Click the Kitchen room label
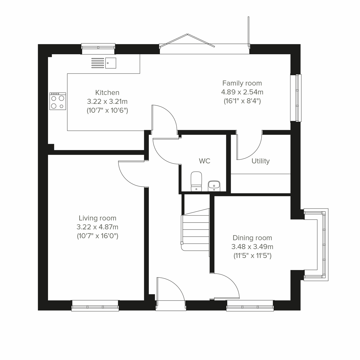click(x=107, y=92)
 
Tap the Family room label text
click(x=242, y=83)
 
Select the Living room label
click(x=97, y=218)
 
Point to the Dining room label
click(x=252, y=238)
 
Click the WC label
click(x=205, y=161)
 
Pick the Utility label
click(x=260, y=161)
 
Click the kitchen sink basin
click(x=110, y=63)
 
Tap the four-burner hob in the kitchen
click(x=58, y=101)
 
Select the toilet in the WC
click(x=196, y=181)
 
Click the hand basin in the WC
click(x=214, y=185)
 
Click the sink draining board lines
click(x=97, y=63)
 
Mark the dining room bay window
click(x=323, y=244)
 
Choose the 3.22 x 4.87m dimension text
click(x=97, y=227)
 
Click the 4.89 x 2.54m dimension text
click(x=242, y=92)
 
